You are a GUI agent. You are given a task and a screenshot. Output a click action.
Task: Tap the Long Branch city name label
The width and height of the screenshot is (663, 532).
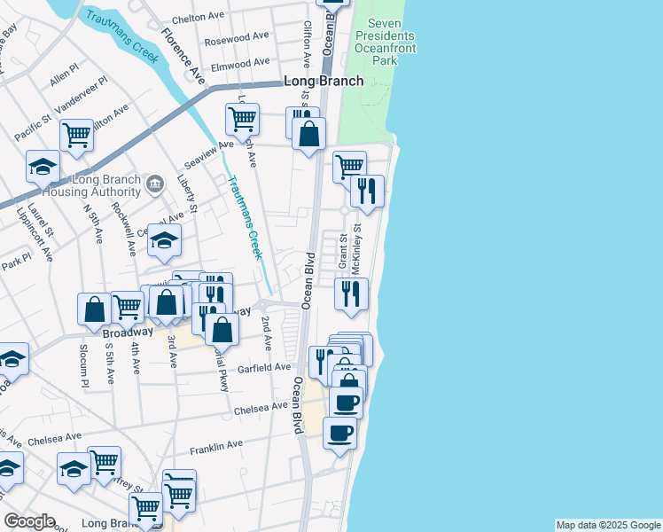click(x=324, y=82)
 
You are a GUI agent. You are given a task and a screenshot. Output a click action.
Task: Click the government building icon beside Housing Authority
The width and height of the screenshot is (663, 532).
click(x=155, y=184)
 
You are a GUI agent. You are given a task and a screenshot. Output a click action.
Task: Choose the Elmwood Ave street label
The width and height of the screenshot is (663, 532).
click(x=240, y=63)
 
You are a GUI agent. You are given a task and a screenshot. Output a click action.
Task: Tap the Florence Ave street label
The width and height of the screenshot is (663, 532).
click(x=183, y=56)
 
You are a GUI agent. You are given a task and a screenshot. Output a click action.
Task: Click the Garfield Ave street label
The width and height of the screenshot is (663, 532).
click(x=263, y=367)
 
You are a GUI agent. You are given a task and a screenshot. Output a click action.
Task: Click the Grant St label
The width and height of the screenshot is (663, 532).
click(x=341, y=251)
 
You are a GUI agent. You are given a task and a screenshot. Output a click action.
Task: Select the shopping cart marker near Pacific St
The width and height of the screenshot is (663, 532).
click(x=77, y=136)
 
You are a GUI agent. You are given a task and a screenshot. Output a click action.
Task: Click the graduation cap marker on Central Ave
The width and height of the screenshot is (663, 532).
click(x=164, y=239)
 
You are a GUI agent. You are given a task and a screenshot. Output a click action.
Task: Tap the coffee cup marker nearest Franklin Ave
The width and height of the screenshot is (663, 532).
click(x=340, y=434)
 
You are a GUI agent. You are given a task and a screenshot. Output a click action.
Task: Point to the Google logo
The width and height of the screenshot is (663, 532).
click(x=30, y=521)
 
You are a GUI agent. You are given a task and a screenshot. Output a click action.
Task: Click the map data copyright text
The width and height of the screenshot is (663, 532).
click(x=607, y=525)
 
